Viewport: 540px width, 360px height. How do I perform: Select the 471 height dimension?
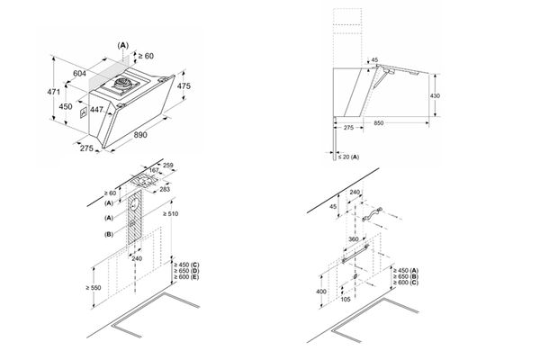(x=53, y=93)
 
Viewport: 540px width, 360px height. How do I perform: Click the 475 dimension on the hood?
(x=184, y=85)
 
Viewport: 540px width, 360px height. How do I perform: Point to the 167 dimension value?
(x=154, y=172)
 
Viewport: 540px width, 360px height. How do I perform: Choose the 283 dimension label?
(x=165, y=190)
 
